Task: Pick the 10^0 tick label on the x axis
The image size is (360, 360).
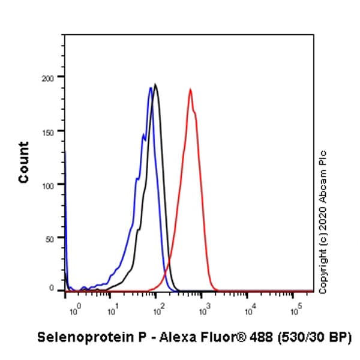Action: pos(74,311)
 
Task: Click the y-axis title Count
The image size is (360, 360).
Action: pos(24,163)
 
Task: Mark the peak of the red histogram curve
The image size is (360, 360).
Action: pos(190,89)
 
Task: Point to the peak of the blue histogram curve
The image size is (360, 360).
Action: pos(150,88)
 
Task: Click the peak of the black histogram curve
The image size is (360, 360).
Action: pos(155,85)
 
